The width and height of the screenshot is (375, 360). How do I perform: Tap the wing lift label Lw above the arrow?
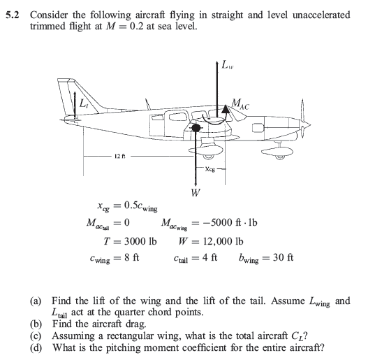pyautogui.click(x=228, y=67)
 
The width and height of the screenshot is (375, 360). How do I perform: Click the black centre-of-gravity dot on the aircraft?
pyautogui.click(x=196, y=129)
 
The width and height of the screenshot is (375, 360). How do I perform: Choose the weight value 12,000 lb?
pyautogui.click(x=219, y=241)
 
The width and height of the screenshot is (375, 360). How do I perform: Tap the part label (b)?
pyautogui.click(x=34, y=324)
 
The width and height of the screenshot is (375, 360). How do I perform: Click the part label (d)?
pyautogui.click(x=34, y=348)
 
